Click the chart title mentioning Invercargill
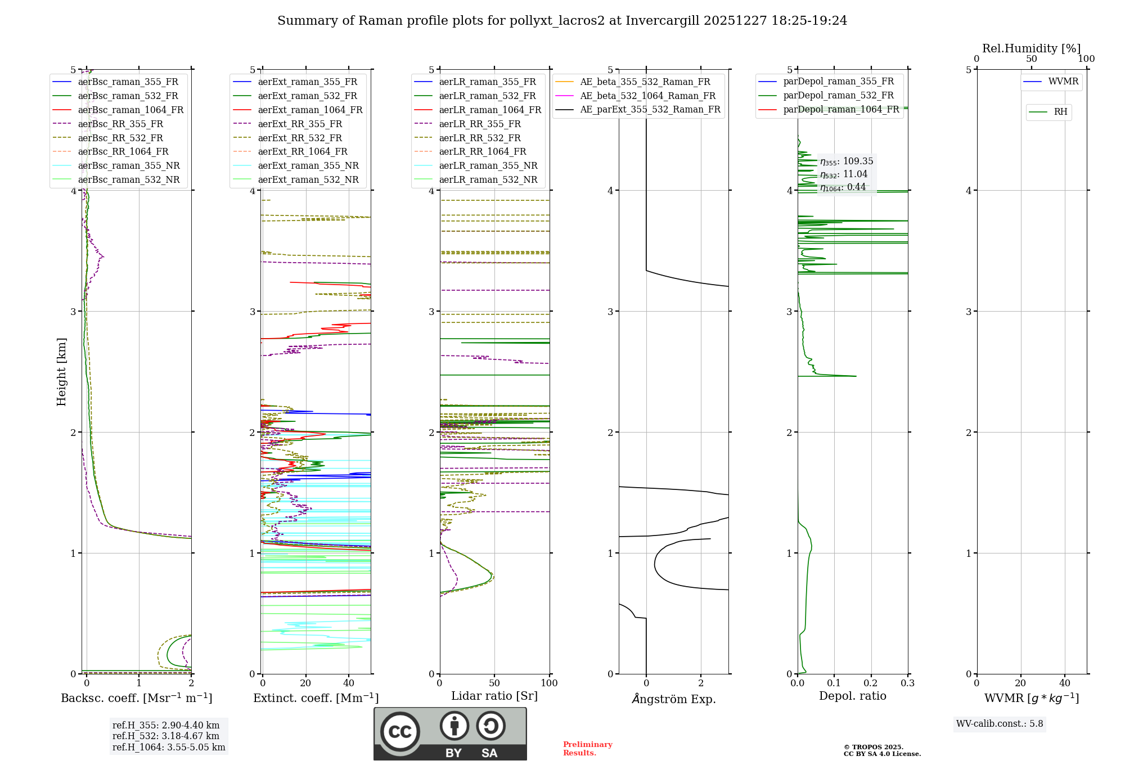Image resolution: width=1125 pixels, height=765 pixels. [562, 21]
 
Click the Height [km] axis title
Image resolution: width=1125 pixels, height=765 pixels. [61, 372]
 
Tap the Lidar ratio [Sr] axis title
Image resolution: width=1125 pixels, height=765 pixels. [494, 696]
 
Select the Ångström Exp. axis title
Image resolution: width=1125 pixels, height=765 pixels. [673, 699]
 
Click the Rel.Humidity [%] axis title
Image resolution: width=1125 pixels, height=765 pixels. [1031, 48]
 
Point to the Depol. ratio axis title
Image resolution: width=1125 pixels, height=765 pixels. [852, 696]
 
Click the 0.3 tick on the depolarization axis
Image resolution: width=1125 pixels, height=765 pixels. [907, 683]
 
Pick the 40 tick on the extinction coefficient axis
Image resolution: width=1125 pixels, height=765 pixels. [349, 683]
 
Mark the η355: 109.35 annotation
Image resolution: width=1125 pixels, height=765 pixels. [847, 161]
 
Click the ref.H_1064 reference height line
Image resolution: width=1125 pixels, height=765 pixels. [169, 747]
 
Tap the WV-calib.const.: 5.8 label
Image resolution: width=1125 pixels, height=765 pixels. [1000, 723]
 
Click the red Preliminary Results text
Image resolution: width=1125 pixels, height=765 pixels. [587, 748]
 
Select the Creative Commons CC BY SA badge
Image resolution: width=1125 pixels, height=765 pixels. [450, 733]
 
